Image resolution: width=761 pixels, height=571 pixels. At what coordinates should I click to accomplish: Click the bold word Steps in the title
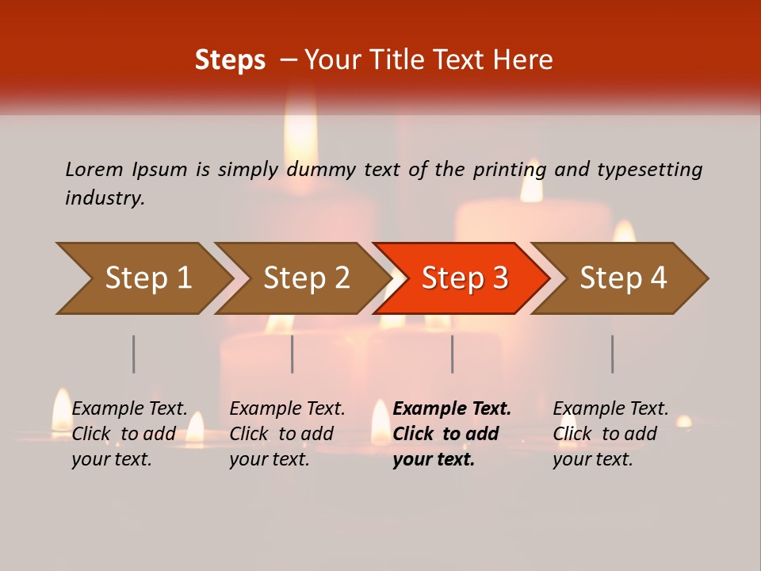230,60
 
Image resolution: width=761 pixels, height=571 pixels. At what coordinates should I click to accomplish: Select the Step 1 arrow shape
143,278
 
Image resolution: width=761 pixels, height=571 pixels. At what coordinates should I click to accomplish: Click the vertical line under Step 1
134,354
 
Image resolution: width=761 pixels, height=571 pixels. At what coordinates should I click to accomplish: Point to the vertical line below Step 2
293,354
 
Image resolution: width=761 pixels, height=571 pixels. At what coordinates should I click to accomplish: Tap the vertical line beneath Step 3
453,354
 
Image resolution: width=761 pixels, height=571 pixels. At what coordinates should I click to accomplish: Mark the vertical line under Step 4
613,354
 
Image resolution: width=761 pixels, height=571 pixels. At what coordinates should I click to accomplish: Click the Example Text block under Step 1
128,434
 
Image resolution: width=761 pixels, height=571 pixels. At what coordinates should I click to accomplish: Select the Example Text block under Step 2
286,434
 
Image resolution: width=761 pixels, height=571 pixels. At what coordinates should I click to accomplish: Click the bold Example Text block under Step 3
451,434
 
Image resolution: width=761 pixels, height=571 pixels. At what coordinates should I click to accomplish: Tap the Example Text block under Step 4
610,434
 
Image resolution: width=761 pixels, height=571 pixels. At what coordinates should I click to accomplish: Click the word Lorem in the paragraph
94,169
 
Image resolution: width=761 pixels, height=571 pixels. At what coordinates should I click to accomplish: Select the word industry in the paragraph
105,198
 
